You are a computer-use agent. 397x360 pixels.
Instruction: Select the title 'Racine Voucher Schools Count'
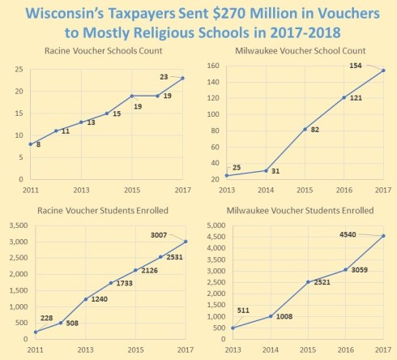tap(108, 52)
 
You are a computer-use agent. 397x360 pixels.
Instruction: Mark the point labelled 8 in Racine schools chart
tap(31, 144)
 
